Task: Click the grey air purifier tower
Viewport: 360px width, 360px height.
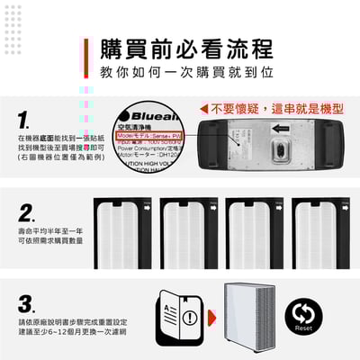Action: click(256, 315)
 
